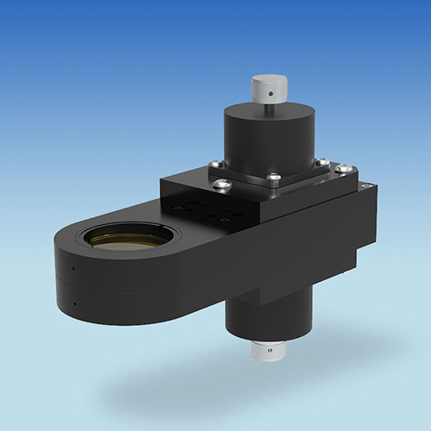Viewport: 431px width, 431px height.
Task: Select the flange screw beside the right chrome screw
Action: click(x=321, y=161)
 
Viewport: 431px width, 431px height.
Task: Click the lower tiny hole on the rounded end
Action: click(x=75, y=302)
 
